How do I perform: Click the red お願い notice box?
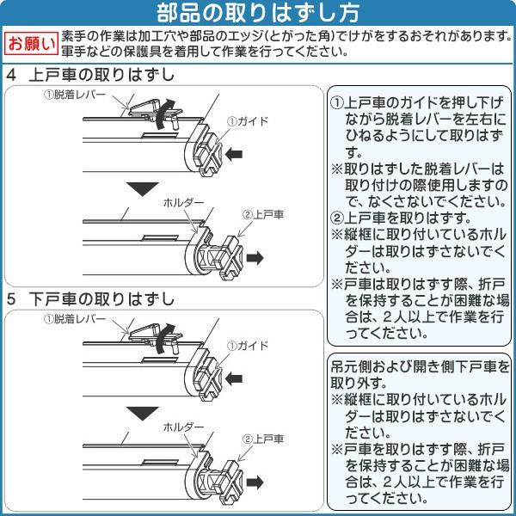[32, 44]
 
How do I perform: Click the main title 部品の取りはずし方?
[258, 13]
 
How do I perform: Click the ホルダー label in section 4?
[183, 202]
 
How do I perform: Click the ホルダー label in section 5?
[183, 427]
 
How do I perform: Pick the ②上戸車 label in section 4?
[263, 214]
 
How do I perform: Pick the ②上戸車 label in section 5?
[263, 439]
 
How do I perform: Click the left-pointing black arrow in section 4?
[234, 154]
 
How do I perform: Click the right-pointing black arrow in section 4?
[255, 258]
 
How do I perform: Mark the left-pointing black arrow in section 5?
[234, 378]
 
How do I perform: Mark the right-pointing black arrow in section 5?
[255, 482]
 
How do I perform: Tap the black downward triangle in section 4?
[143, 187]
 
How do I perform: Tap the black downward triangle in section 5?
[143, 413]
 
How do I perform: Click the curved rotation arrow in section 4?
[162, 114]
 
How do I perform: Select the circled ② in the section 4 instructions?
[336, 218]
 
